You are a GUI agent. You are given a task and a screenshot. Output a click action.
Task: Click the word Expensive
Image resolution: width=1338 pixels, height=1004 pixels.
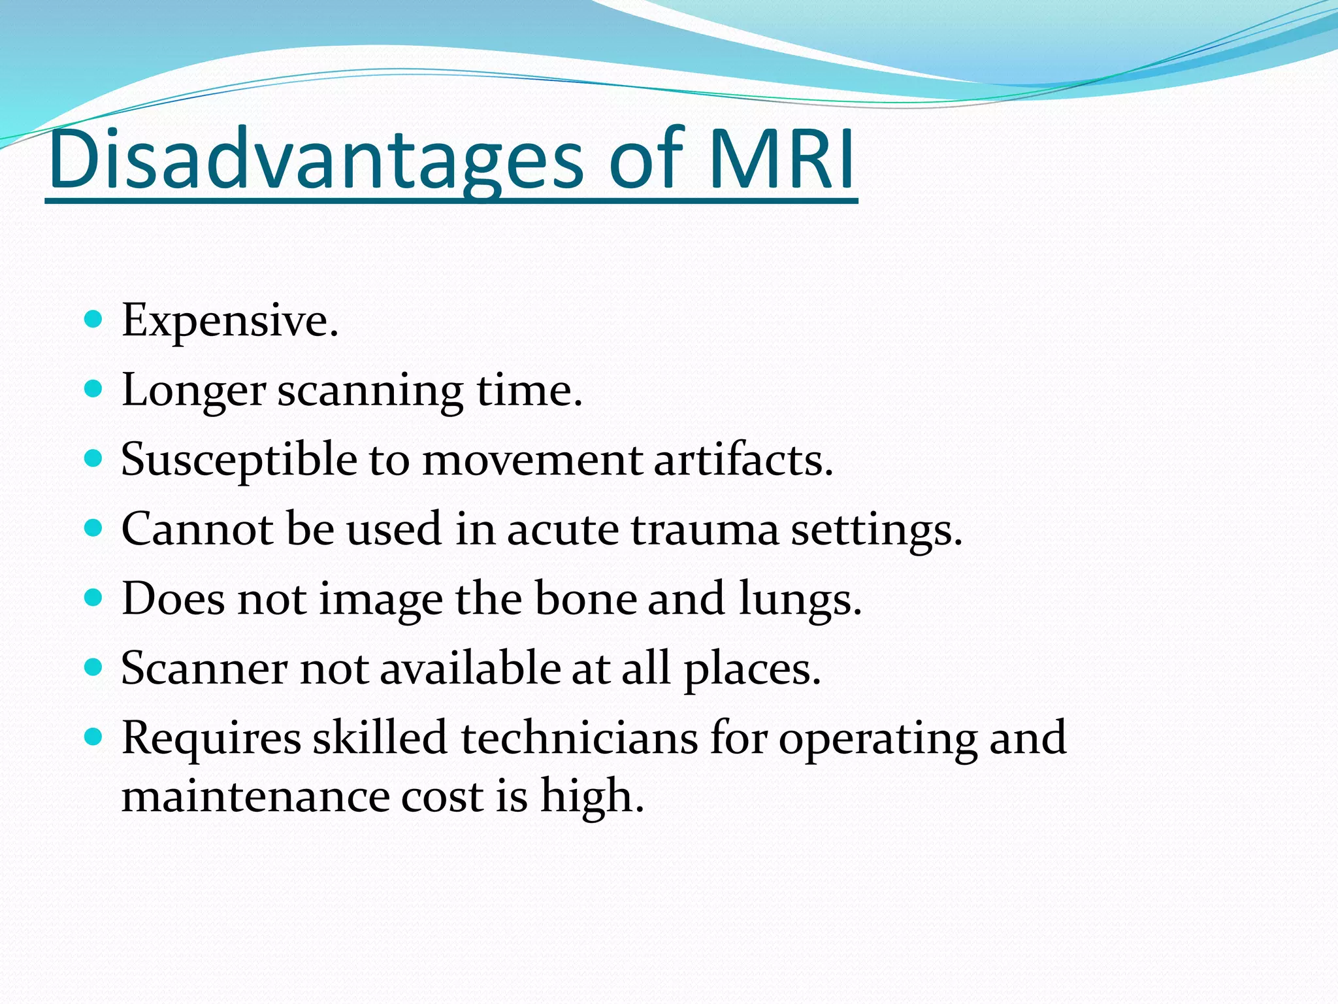coord(229,321)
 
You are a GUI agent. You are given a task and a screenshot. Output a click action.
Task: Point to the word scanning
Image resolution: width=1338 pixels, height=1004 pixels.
coord(370,391)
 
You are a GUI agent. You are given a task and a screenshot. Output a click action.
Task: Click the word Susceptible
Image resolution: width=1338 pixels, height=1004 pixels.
coord(239,460)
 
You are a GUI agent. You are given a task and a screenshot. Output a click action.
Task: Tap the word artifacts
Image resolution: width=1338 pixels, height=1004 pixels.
coord(743,460)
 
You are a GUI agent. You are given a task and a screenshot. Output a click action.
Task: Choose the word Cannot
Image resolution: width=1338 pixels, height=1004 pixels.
coord(197,529)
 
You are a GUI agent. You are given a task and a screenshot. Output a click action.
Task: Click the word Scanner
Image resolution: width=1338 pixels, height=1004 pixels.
coord(204,669)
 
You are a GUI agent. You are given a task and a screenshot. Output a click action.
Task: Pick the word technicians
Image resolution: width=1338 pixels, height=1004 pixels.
coord(579,738)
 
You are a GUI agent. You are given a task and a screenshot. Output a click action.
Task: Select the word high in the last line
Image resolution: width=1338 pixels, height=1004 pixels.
coord(591,797)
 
